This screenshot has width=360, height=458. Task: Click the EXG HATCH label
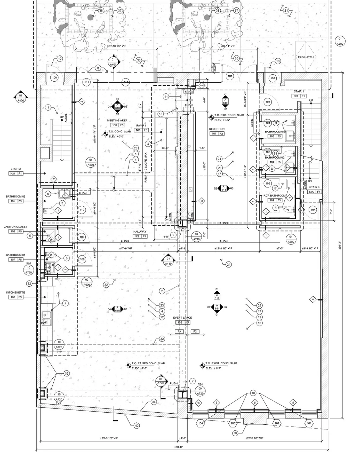tap(306, 57)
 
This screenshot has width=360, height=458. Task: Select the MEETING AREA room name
tap(117, 120)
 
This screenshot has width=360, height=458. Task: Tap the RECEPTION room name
tap(217, 129)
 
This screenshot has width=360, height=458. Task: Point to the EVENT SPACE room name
tap(182, 318)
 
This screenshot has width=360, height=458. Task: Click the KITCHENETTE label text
tap(15, 292)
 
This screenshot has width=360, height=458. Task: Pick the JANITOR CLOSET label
tap(15, 227)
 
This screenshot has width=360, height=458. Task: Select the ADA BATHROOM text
tap(275, 196)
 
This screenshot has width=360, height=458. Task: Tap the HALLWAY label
tap(140, 232)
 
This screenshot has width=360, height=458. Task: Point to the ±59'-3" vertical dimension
tap(340, 246)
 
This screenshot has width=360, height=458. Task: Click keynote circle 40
tap(137, 426)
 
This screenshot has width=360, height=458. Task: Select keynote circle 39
tap(235, 433)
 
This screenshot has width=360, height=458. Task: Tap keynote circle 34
tap(154, 402)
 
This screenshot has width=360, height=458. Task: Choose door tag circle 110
tap(82, 210)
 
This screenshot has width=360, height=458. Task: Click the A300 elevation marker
tap(340, 41)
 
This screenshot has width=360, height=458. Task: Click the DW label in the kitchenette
tap(43, 323)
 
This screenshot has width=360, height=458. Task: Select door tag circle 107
tap(313, 210)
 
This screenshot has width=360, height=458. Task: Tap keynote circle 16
tap(260, 323)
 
